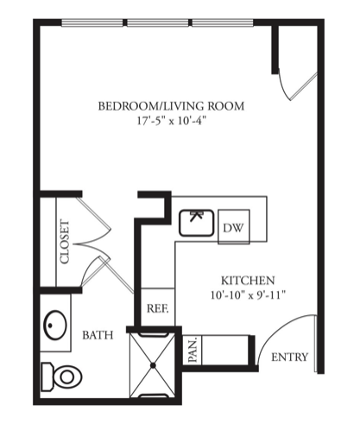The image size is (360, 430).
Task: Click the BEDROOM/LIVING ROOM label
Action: [171, 106]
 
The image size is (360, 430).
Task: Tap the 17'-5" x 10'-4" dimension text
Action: [172, 121]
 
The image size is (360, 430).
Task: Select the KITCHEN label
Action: [248, 280]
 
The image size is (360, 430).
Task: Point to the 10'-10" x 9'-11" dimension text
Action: [248, 295]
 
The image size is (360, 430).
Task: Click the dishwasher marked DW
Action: [234, 227]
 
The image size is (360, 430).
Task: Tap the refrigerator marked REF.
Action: [158, 307]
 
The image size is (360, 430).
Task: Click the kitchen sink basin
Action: [197, 223]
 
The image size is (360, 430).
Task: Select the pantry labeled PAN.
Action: [193, 350]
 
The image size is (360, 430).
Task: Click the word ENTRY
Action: [289, 357]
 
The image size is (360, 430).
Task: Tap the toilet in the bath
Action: [61, 376]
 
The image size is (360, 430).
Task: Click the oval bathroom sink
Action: [55, 325]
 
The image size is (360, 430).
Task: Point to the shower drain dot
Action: [153, 365]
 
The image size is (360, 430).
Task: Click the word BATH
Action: [98, 335]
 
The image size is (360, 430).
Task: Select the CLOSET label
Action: [65, 242]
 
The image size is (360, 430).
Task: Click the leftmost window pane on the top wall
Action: [92, 22]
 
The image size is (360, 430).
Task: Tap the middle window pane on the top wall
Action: [157, 22]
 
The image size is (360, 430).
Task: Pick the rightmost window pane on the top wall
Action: [223, 22]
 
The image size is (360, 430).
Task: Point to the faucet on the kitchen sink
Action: [196, 216]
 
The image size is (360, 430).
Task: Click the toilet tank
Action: [47, 376]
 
